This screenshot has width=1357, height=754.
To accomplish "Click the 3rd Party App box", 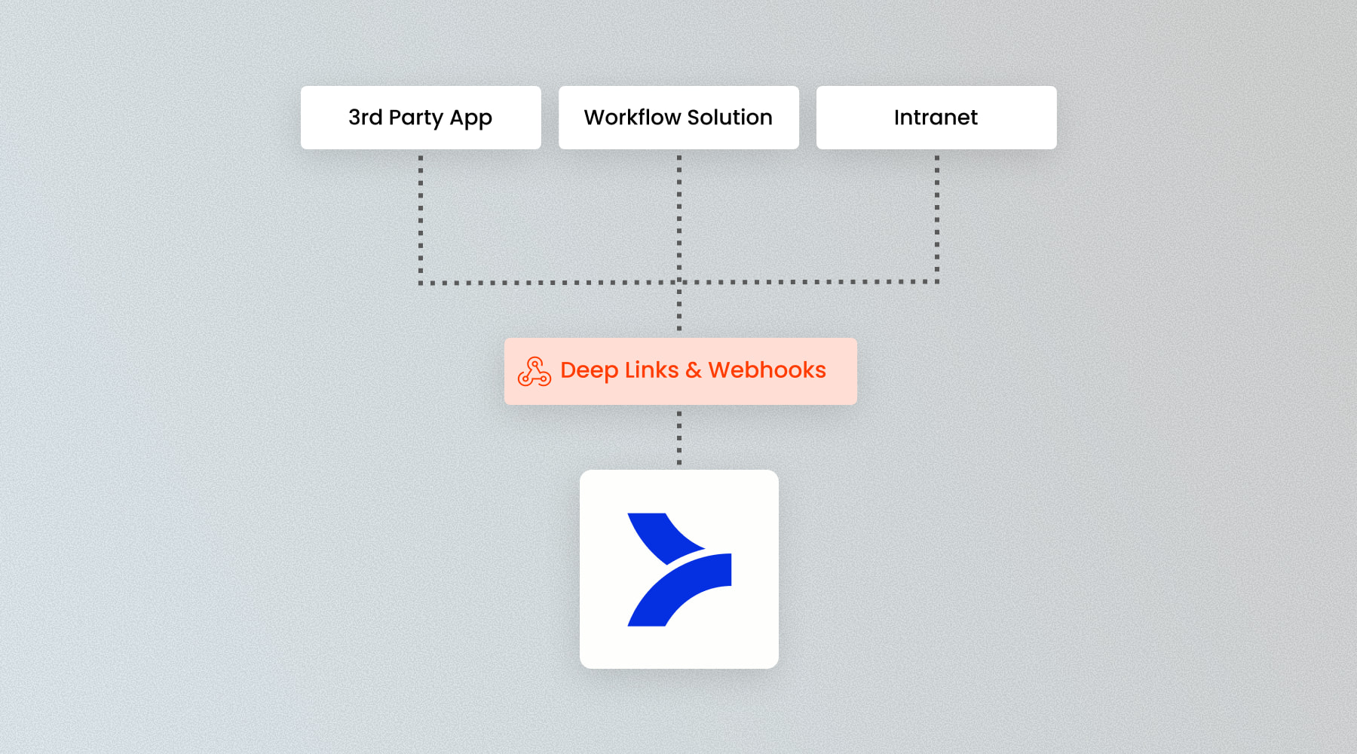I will click(421, 118).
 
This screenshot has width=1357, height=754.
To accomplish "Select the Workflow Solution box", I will click(678, 118).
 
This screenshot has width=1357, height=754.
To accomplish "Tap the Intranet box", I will click(936, 118).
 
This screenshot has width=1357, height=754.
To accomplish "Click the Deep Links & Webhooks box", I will click(680, 371).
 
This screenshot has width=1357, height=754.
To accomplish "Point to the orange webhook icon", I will click(535, 372).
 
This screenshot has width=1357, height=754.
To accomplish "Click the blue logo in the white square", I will click(678, 569).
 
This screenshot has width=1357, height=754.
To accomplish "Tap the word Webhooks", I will click(767, 370).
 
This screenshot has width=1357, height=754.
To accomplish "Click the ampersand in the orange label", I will click(694, 370).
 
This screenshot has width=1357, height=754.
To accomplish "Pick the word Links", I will click(651, 370).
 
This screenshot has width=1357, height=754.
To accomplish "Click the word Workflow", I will click(632, 118).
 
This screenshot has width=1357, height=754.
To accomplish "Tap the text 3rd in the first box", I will click(365, 118).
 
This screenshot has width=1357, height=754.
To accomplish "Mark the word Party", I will click(415, 118).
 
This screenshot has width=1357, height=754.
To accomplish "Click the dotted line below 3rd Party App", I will click(421, 219).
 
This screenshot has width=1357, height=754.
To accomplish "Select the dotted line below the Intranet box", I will click(937, 219).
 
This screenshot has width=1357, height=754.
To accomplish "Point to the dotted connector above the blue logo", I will click(679, 437).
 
